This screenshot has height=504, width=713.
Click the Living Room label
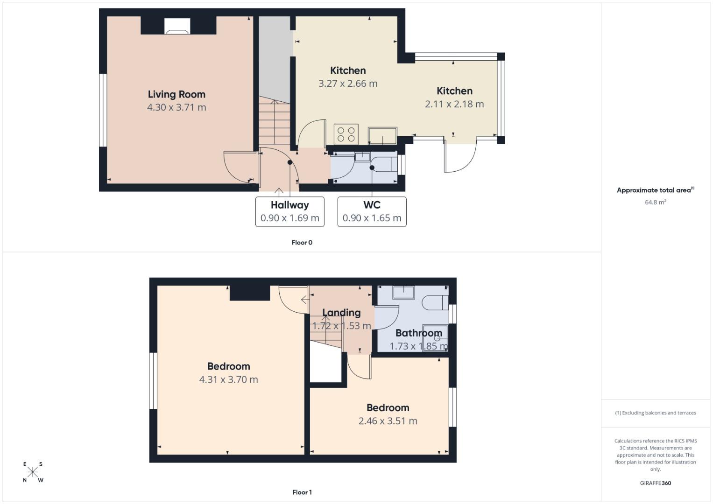176,94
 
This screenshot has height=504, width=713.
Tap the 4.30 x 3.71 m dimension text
176,107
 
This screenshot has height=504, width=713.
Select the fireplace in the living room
177,27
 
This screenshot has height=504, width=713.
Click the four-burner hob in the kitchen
346,134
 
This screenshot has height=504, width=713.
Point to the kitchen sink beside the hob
382,136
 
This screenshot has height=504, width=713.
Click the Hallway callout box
289,211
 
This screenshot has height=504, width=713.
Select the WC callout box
372,211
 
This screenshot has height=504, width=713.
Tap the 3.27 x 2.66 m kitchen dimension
348,84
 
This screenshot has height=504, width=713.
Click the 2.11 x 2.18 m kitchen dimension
454,104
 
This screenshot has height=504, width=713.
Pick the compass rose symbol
33,472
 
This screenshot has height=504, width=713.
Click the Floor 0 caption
302,243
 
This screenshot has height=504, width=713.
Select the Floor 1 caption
302,492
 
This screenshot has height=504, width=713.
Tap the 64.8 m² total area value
655,203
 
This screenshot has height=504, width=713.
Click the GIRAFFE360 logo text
655,483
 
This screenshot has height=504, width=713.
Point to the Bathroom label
418,333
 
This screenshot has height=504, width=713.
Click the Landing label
341,313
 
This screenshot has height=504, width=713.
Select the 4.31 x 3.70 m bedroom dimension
228,380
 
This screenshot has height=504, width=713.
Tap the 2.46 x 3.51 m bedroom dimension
388,421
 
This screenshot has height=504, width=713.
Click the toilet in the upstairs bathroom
435,302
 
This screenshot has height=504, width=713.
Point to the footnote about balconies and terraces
655,413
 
